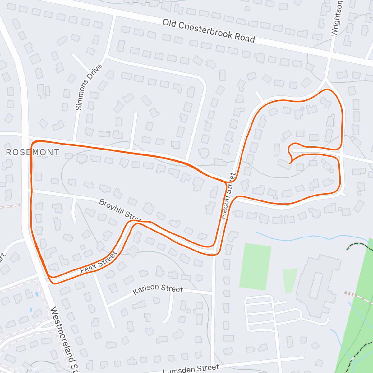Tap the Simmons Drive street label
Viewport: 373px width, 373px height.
pos(89,87)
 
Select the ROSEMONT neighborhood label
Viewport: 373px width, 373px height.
pos(33,152)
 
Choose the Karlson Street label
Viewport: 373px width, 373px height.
pos(158,289)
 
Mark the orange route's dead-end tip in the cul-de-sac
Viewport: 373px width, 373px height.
pos(290,163)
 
